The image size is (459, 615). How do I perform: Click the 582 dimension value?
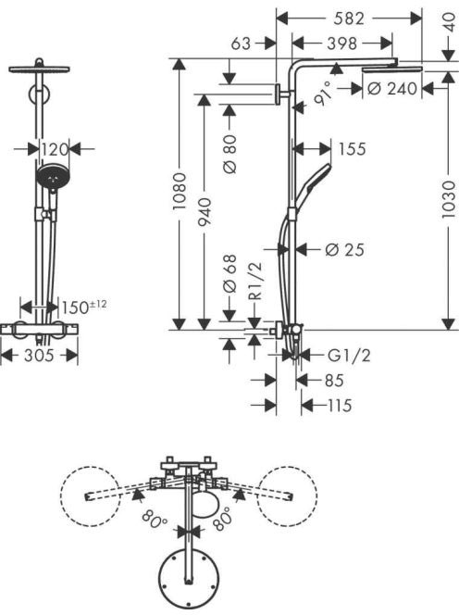tap(349, 19)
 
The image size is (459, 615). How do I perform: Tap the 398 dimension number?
tap(342, 44)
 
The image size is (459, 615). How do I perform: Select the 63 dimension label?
tap(241, 44)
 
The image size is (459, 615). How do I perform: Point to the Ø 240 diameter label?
tap(392, 89)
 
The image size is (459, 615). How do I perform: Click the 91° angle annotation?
tap(323, 94)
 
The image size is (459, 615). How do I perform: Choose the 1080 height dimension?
tap(180, 192)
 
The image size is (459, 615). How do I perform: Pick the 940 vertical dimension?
tap(205, 212)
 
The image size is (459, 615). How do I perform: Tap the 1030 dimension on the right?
tap(448, 199)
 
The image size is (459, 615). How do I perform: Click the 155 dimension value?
tap(352, 149)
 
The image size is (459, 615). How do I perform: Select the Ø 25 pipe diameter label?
tap(344, 249)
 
